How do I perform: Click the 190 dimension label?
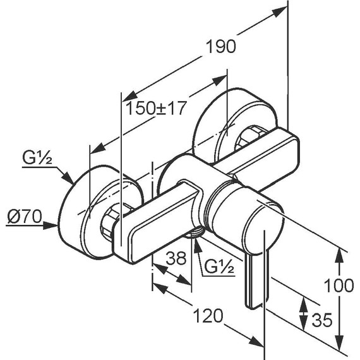(x=221, y=46)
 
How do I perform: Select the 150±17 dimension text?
(x=155, y=108)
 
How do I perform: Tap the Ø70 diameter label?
(x=25, y=216)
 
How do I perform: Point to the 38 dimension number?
(x=176, y=258)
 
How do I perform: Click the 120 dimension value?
(x=208, y=316)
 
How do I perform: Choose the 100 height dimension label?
(x=339, y=285)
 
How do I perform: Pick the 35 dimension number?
(x=322, y=320)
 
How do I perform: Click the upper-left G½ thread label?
(x=37, y=158)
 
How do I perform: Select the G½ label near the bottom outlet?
(x=219, y=267)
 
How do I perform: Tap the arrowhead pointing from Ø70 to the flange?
(x=51, y=225)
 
